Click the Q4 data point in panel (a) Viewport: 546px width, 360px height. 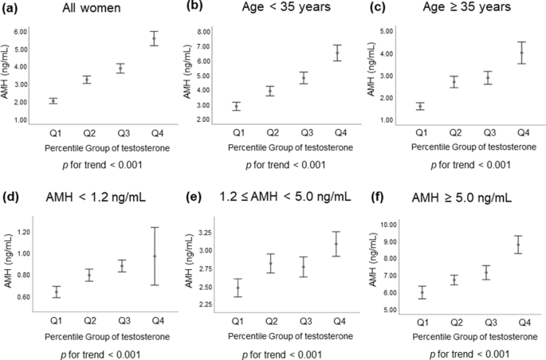coord(155,38)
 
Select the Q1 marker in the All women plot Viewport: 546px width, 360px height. coord(53,100)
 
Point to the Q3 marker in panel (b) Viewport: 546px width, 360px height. coord(304,77)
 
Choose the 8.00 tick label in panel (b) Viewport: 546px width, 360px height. coord(202,32)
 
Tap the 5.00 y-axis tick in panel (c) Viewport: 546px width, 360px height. coord(387,32)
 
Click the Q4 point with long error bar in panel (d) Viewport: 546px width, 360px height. coord(155,256)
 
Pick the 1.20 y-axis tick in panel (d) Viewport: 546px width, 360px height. coord(22,232)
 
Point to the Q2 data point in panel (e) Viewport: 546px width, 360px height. coord(271,264)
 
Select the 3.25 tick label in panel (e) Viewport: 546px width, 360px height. coord(202,233)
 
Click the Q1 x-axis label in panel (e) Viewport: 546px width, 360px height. coord(237,319)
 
